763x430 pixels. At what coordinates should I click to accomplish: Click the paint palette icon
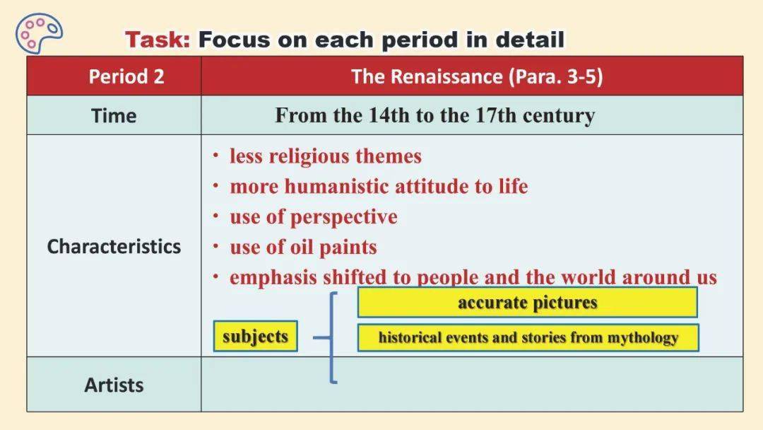(x=39, y=32)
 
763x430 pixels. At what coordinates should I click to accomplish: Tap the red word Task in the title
(x=157, y=40)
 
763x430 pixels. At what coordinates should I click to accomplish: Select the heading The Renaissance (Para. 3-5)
(x=477, y=76)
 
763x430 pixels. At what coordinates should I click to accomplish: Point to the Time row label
(x=114, y=115)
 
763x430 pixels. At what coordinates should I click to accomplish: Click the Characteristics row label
(x=114, y=246)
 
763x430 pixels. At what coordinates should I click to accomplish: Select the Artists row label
(x=114, y=385)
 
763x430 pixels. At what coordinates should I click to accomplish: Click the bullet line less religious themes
(x=326, y=156)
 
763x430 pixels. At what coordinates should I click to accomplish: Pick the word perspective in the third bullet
(x=343, y=217)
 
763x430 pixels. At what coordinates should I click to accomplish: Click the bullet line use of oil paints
(x=303, y=247)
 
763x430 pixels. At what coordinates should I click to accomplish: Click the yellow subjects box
(x=256, y=336)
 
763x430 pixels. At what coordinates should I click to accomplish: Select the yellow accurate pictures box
(x=528, y=303)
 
